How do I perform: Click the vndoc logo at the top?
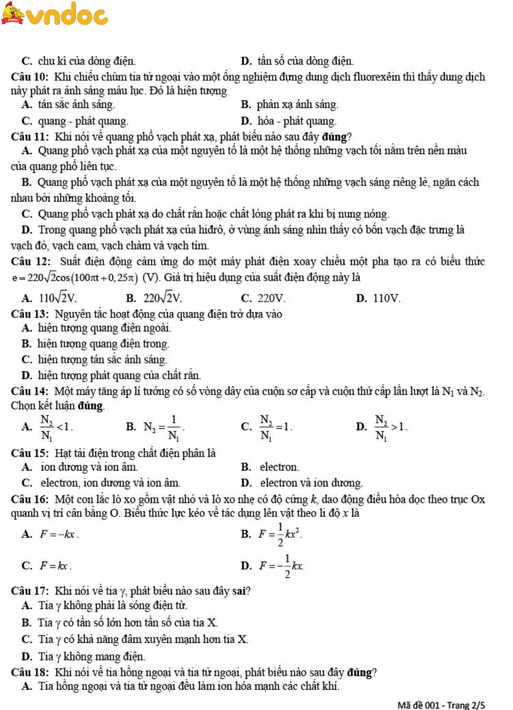pos(55,14)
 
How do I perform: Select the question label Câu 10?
pos(29,77)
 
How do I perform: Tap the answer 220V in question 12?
pos(271,298)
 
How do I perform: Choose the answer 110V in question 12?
pos(387,298)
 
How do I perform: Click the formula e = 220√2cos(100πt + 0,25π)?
pos(75,278)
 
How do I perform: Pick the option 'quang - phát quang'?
pos(83,121)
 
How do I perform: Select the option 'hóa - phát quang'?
pos(296,121)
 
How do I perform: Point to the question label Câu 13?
pos(29,314)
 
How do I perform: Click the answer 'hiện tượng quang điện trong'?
pos(103,344)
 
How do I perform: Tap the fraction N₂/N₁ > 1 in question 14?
pos(390,427)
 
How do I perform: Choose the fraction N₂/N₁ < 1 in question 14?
pos(55,427)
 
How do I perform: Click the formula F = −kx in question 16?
pos(59,534)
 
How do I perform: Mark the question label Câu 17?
pos(29,591)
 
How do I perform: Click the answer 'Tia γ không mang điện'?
pos(92,656)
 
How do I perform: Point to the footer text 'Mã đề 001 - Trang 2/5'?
pos(441,705)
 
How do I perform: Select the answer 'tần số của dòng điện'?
pos(305,61)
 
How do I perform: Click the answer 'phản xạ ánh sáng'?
pos(297,105)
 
